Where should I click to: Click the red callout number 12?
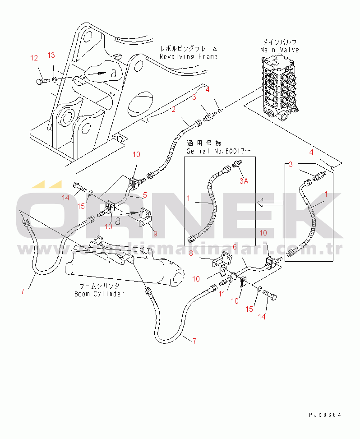pos(34,58)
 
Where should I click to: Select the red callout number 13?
pos(51,55)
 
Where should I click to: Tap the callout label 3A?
pos(244,181)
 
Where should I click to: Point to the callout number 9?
pos(155,234)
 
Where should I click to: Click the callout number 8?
pos(191,254)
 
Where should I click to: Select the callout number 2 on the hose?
pos(173,109)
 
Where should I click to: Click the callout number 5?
pos(145,195)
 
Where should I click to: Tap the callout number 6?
pos(235,247)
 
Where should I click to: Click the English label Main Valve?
pos(280,50)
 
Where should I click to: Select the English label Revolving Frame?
pos(189,56)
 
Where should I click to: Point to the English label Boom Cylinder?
pos(99,294)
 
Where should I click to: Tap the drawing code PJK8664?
pos(325,415)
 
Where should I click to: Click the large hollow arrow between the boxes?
pos(267,203)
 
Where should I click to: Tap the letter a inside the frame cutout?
pos(114,72)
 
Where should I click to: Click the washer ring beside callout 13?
pos(54,79)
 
